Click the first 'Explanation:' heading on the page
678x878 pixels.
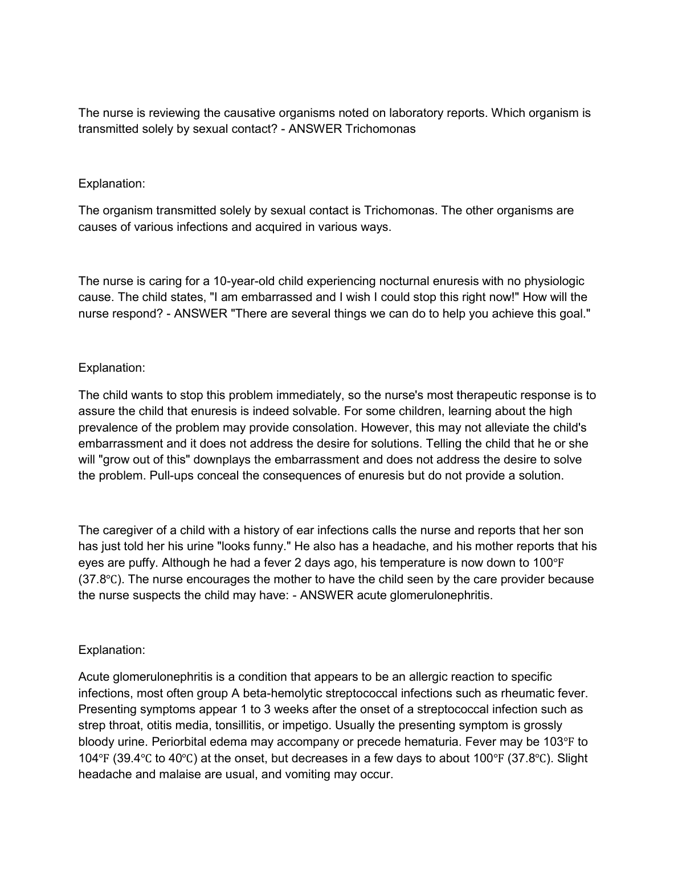[112, 184]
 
